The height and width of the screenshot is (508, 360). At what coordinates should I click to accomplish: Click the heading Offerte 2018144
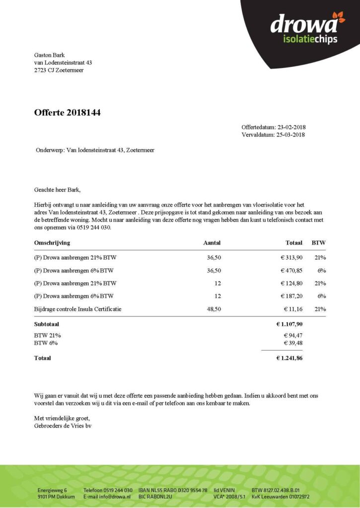(68, 113)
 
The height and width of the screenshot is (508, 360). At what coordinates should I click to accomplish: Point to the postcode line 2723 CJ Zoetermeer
(59, 70)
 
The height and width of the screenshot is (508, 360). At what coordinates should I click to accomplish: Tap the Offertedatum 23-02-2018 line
(273, 127)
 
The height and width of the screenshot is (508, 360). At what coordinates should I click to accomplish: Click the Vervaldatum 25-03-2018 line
(273, 134)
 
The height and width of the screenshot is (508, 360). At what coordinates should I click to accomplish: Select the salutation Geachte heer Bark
(57, 190)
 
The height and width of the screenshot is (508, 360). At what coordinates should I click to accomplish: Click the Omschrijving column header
(52, 243)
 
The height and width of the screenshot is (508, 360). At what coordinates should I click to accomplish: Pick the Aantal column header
(212, 243)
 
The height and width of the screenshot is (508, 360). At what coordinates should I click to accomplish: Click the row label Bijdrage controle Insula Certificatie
(78, 309)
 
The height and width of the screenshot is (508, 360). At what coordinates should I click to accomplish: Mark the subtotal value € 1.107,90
(289, 324)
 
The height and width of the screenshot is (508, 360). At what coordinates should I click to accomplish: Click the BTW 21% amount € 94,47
(292, 335)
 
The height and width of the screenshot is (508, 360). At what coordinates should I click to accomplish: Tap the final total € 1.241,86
(289, 358)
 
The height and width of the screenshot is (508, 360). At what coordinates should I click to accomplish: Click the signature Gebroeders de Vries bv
(63, 425)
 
